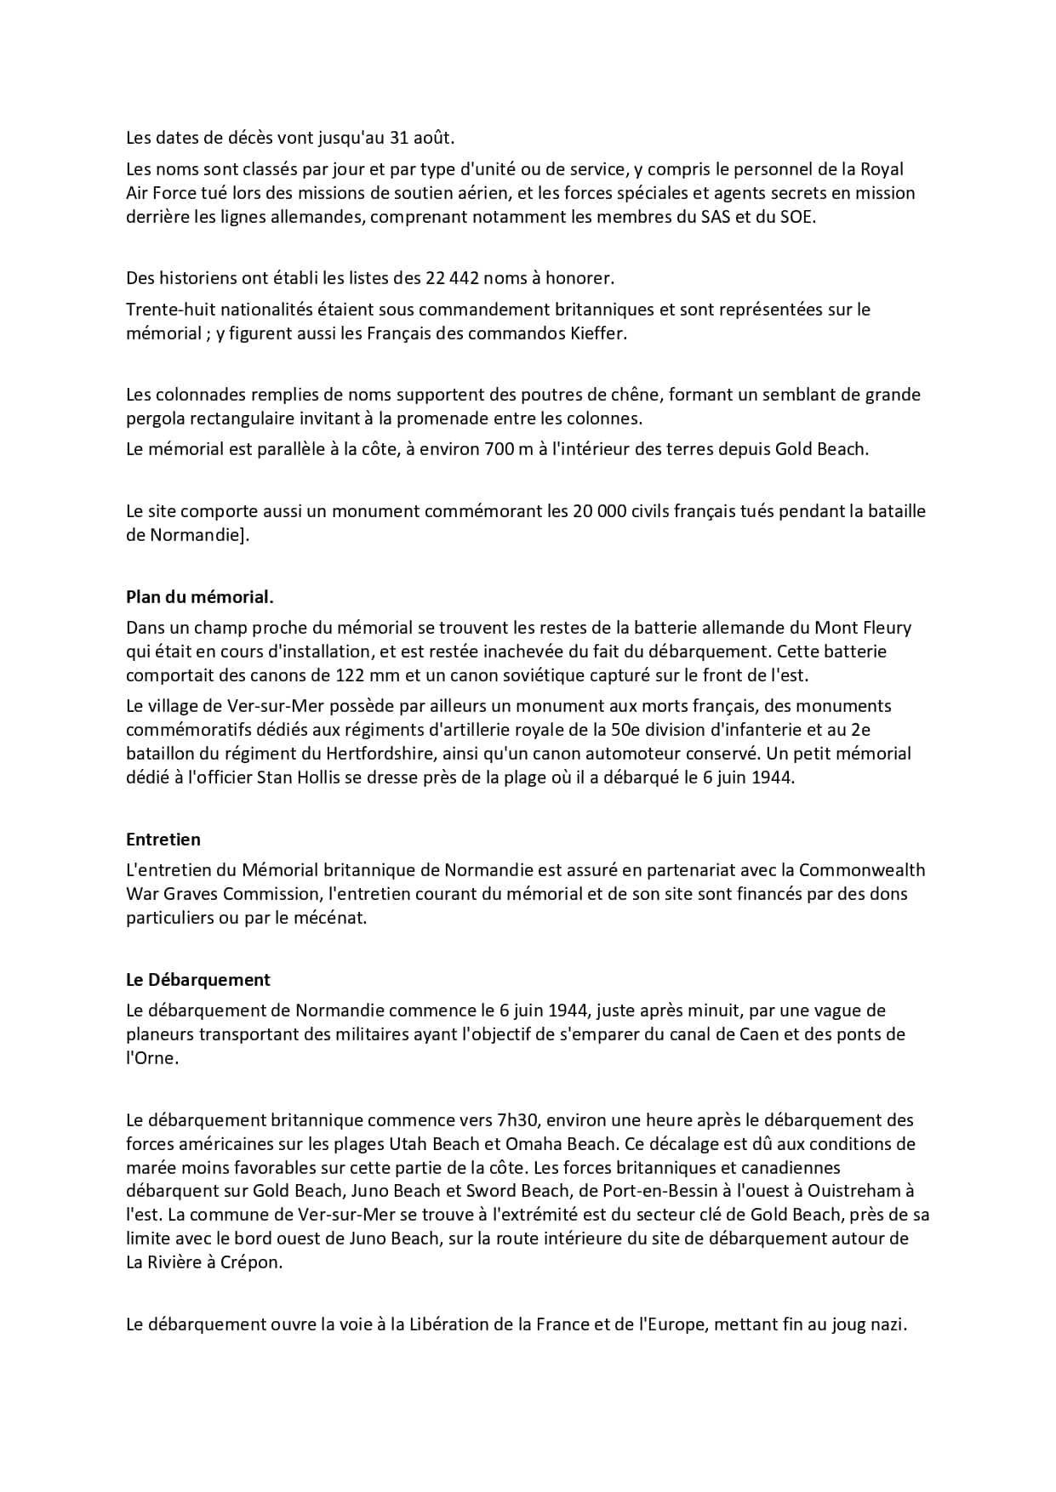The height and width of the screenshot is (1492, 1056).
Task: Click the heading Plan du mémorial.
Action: (x=200, y=597)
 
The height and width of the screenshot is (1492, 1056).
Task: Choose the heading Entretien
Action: (x=163, y=840)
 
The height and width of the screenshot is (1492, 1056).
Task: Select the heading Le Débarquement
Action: (x=198, y=980)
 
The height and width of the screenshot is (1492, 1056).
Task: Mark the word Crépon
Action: (x=252, y=1262)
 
